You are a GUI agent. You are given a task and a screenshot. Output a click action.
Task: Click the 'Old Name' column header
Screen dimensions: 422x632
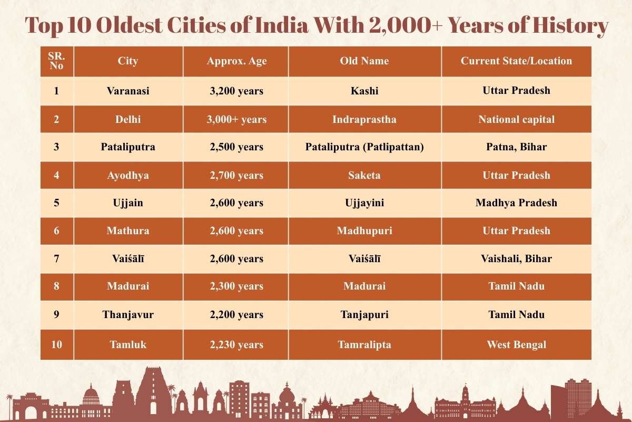(x=364, y=61)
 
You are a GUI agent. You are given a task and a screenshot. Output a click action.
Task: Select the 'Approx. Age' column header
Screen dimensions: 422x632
(x=236, y=61)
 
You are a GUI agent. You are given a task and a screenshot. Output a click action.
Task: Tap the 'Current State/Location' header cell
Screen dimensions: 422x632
(x=516, y=61)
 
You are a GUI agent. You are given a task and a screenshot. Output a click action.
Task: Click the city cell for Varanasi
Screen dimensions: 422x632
(x=128, y=91)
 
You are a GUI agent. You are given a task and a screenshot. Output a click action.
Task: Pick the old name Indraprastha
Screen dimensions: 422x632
(x=364, y=119)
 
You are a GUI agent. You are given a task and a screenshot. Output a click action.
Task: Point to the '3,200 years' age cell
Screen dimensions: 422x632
(x=236, y=91)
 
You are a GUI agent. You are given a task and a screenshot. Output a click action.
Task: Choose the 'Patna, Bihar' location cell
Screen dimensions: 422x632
(x=516, y=147)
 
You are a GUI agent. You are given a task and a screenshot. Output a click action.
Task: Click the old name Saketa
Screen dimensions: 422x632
(x=364, y=175)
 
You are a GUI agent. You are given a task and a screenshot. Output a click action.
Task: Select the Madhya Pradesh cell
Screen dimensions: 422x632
(x=516, y=203)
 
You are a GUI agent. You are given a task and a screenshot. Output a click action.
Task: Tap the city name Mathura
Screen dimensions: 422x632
(x=128, y=231)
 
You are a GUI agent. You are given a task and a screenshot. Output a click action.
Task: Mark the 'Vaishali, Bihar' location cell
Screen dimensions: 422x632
(x=516, y=258)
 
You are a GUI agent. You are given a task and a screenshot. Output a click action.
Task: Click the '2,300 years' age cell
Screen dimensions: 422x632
(x=236, y=286)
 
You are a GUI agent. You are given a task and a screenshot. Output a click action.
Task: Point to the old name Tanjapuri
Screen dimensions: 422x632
(x=364, y=314)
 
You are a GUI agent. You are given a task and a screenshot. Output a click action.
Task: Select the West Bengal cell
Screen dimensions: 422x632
(x=516, y=344)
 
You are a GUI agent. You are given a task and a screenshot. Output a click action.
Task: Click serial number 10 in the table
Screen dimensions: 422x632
(x=56, y=344)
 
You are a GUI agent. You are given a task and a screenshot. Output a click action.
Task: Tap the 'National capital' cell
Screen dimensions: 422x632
(x=516, y=119)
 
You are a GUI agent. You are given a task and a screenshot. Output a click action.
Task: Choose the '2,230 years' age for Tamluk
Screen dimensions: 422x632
(x=236, y=344)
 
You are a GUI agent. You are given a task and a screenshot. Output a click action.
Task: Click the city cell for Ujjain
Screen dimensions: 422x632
(x=128, y=203)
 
